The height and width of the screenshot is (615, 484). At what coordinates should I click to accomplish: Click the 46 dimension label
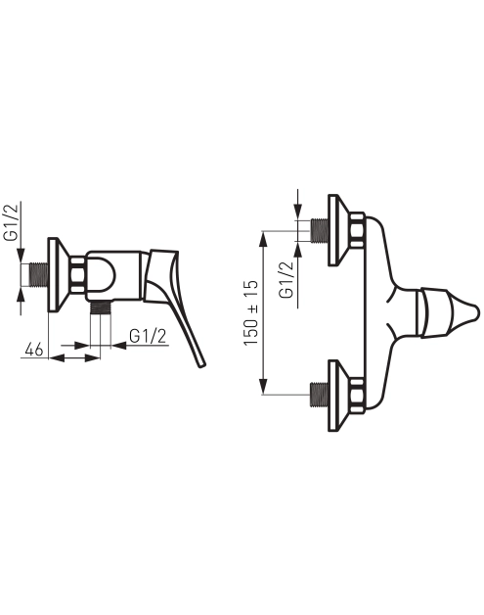click(x=33, y=349)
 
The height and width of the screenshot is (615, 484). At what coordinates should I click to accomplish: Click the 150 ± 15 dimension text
click(x=251, y=312)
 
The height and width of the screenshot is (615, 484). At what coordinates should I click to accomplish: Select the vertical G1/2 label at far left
click(x=12, y=222)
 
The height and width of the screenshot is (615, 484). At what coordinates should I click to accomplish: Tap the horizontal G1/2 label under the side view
click(x=148, y=336)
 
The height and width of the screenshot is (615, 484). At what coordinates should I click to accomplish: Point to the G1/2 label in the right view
click(x=286, y=280)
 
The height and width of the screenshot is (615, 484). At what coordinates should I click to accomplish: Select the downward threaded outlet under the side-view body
click(x=101, y=307)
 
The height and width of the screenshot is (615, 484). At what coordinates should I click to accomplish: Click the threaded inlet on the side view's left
click(x=39, y=274)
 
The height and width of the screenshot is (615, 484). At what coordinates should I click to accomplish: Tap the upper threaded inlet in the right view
click(x=320, y=231)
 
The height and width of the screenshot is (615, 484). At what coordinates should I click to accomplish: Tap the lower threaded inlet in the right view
click(x=320, y=395)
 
